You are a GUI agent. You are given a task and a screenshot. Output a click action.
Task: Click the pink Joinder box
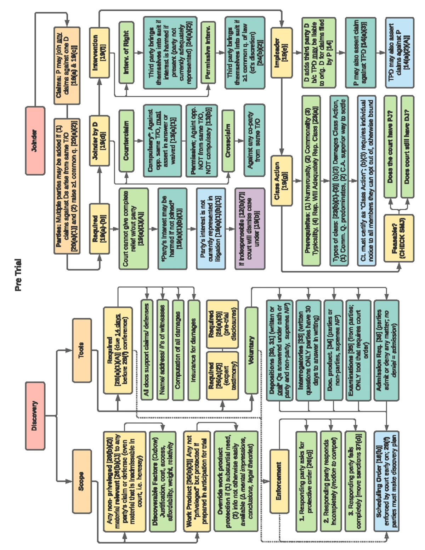(35, 141)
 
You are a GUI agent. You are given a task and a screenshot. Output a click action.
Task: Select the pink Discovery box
(35, 415)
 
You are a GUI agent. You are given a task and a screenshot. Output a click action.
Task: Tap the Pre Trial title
(18, 275)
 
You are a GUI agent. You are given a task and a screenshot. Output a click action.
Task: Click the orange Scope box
(81, 481)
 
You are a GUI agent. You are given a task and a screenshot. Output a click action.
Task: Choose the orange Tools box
(81, 350)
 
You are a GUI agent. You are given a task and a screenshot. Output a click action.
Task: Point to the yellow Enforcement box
(279, 481)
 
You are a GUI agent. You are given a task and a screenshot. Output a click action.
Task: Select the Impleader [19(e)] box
(282, 52)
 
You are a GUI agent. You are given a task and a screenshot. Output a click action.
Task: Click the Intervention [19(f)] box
(99, 52)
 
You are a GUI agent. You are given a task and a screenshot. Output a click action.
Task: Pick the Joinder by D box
(99, 141)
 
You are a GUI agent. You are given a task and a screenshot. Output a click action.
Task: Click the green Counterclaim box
(126, 141)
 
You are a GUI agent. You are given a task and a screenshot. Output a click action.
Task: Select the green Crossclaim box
(228, 141)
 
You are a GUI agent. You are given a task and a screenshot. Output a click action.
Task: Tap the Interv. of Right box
(126, 52)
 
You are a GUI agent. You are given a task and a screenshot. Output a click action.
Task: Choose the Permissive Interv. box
(208, 52)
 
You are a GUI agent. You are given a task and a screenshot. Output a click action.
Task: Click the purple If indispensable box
(250, 228)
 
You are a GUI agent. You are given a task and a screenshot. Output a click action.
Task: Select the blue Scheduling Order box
(386, 481)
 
